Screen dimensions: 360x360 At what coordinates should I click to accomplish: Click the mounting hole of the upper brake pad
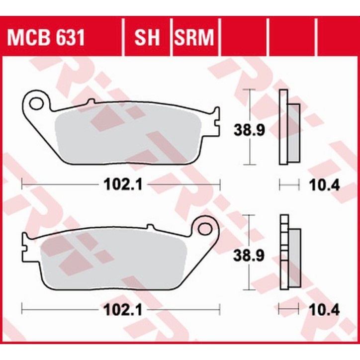[x=37, y=103]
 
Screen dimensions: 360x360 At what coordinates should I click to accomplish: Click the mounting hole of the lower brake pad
[x=204, y=229]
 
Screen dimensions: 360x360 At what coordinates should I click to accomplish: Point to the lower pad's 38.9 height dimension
[x=249, y=256]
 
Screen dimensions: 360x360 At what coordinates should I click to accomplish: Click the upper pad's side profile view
[x=289, y=128]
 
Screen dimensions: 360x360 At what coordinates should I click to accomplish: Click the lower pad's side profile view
[x=289, y=253]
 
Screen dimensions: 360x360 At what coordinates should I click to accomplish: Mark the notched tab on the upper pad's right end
[x=215, y=123]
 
